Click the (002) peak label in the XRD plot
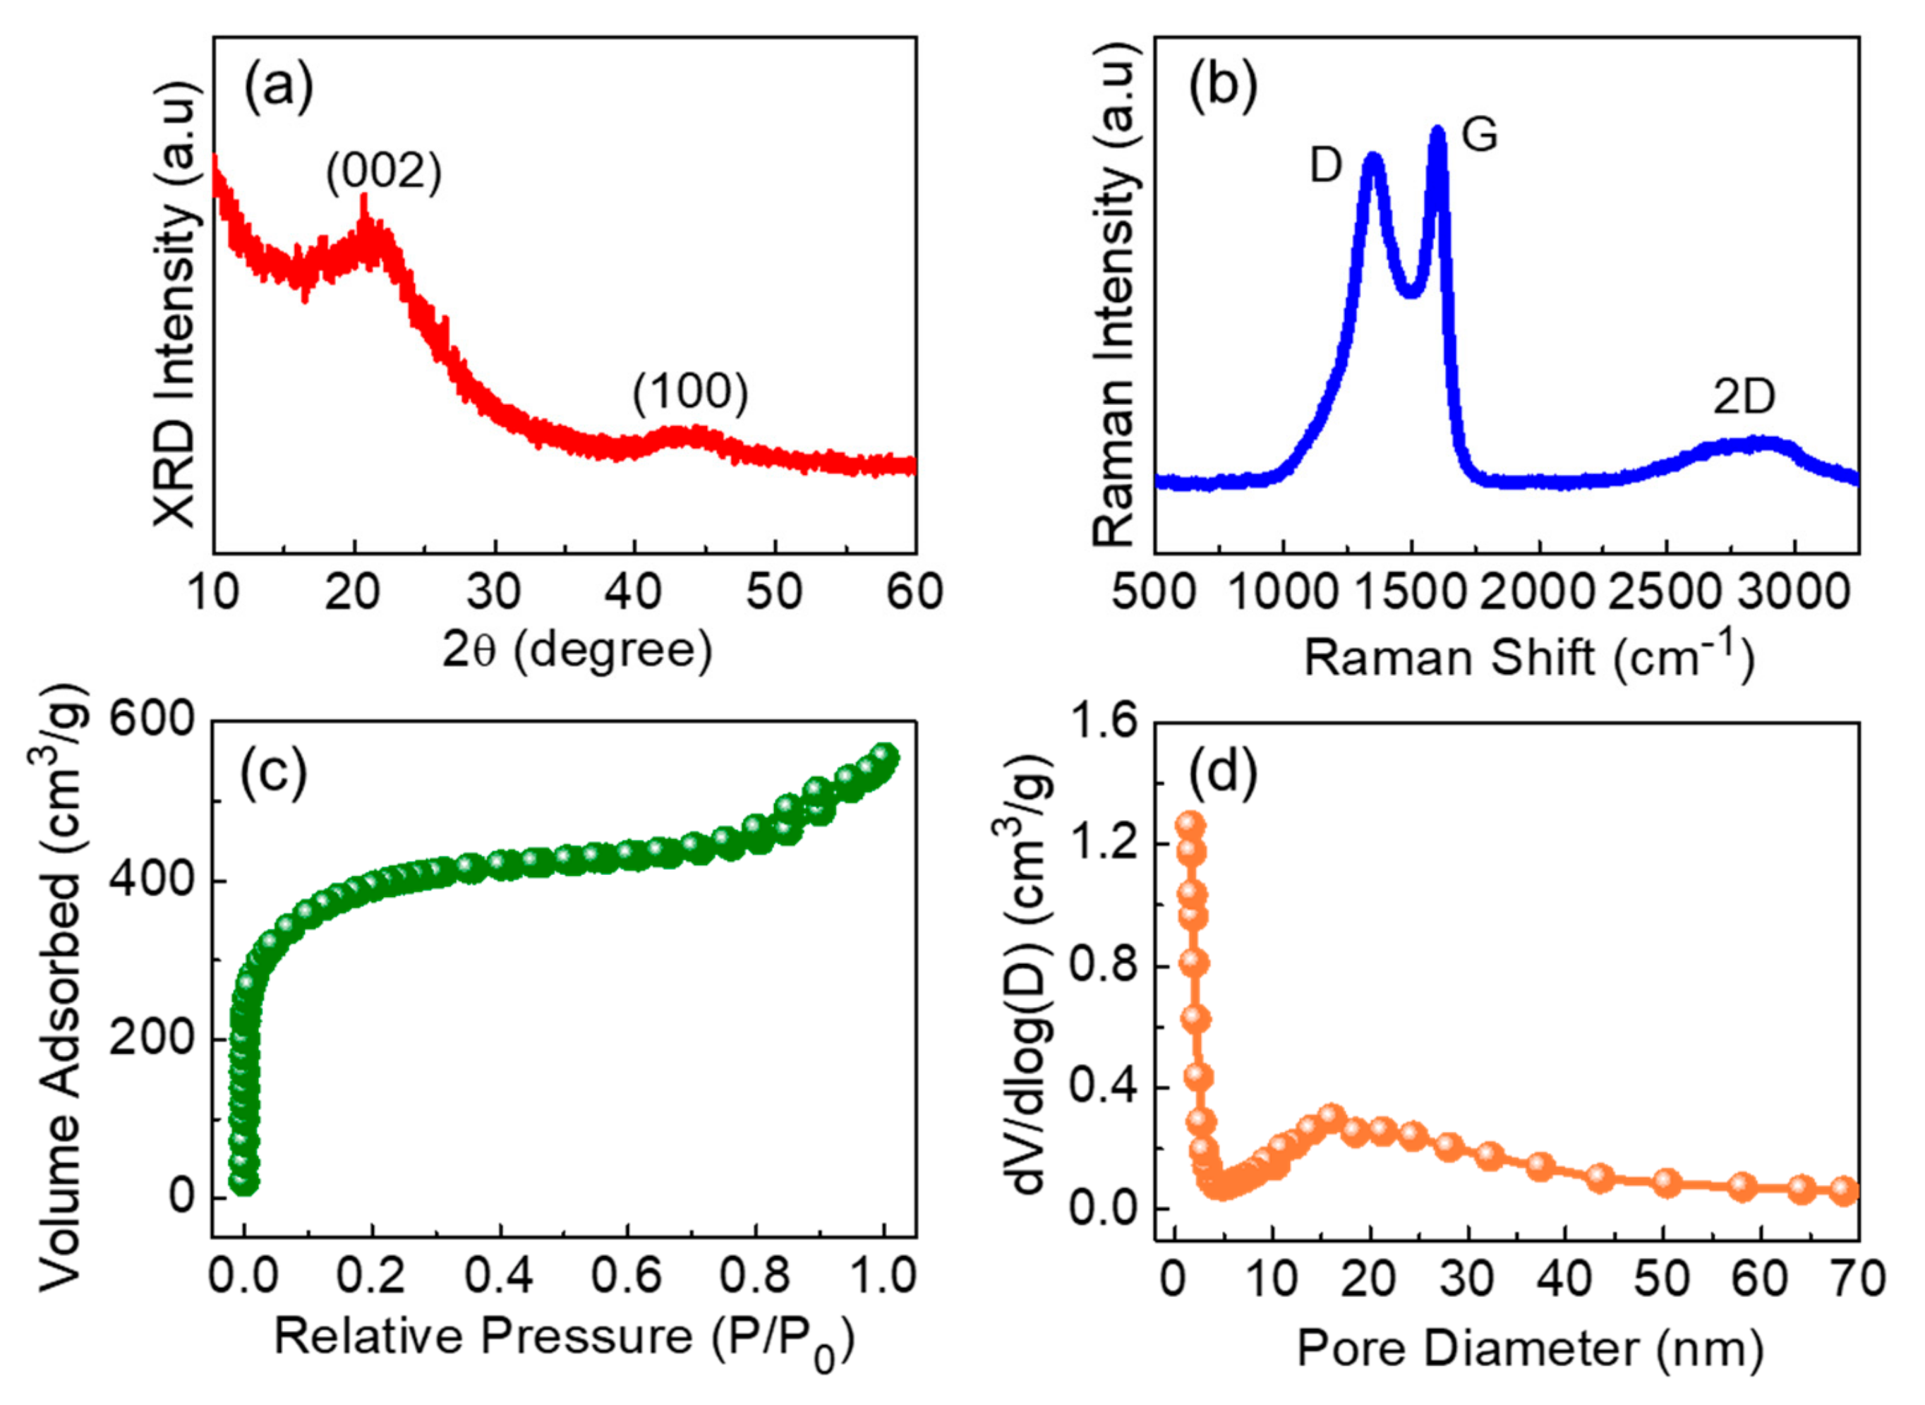pyautogui.click(x=385, y=173)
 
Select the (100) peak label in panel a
pyautogui.click(x=690, y=393)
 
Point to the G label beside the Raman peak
pyautogui.click(x=1480, y=134)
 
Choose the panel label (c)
pyautogui.click(x=274, y=775)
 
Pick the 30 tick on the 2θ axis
pyautogui.click(x=494, y=592)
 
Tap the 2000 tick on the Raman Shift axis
pyautogui.click(x=1538, y=593)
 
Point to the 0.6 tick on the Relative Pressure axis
pyautogui.click(x=627, y=1277)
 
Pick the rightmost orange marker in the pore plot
pyautogui.click(x=1843, y=1191)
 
